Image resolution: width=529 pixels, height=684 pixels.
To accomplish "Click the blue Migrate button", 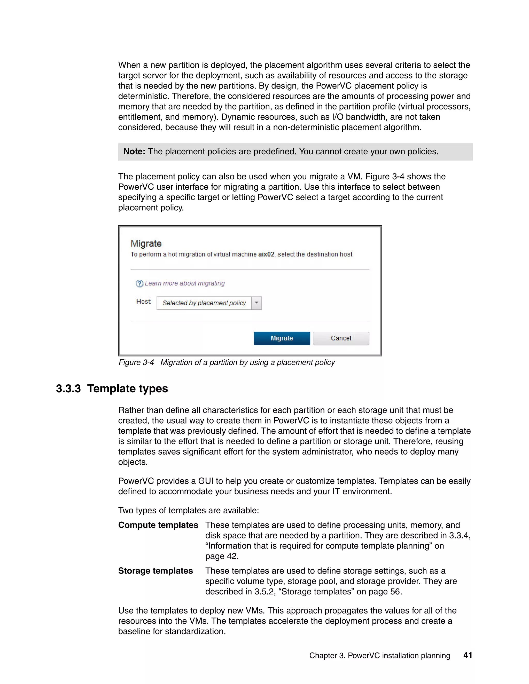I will tap(282, 338).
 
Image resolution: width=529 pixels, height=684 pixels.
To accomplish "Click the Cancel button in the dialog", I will tap(341, 338).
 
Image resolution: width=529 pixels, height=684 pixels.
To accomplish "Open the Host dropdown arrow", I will tap(256, 303).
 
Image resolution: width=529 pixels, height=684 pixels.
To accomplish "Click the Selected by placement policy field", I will tap(204, 303).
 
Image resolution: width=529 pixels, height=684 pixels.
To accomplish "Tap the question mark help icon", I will tap(139, 283).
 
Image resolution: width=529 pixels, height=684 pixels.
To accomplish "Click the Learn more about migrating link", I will tap(185, 283).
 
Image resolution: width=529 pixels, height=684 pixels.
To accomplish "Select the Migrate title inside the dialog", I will tap(146, 243).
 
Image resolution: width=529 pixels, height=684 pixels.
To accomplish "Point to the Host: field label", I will tap(144, 301).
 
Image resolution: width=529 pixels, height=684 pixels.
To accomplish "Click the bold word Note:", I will tap(134, 152).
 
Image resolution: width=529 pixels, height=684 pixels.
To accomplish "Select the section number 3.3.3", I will tap(68, 389).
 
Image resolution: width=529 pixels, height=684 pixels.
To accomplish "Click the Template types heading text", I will tap(128, 389).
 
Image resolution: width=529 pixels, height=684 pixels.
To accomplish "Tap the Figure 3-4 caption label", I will tap(136, 362).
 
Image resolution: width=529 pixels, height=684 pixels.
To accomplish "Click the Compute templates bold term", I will tap(158, 525).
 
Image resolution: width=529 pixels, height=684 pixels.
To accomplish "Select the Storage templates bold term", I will tap(155, 571).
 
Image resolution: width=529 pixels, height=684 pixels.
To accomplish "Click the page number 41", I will tap(468, 655).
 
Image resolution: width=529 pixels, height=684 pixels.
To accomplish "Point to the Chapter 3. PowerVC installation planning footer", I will tap(379, 656).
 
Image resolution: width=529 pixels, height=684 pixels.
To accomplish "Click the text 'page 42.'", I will tap(222, 556).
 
